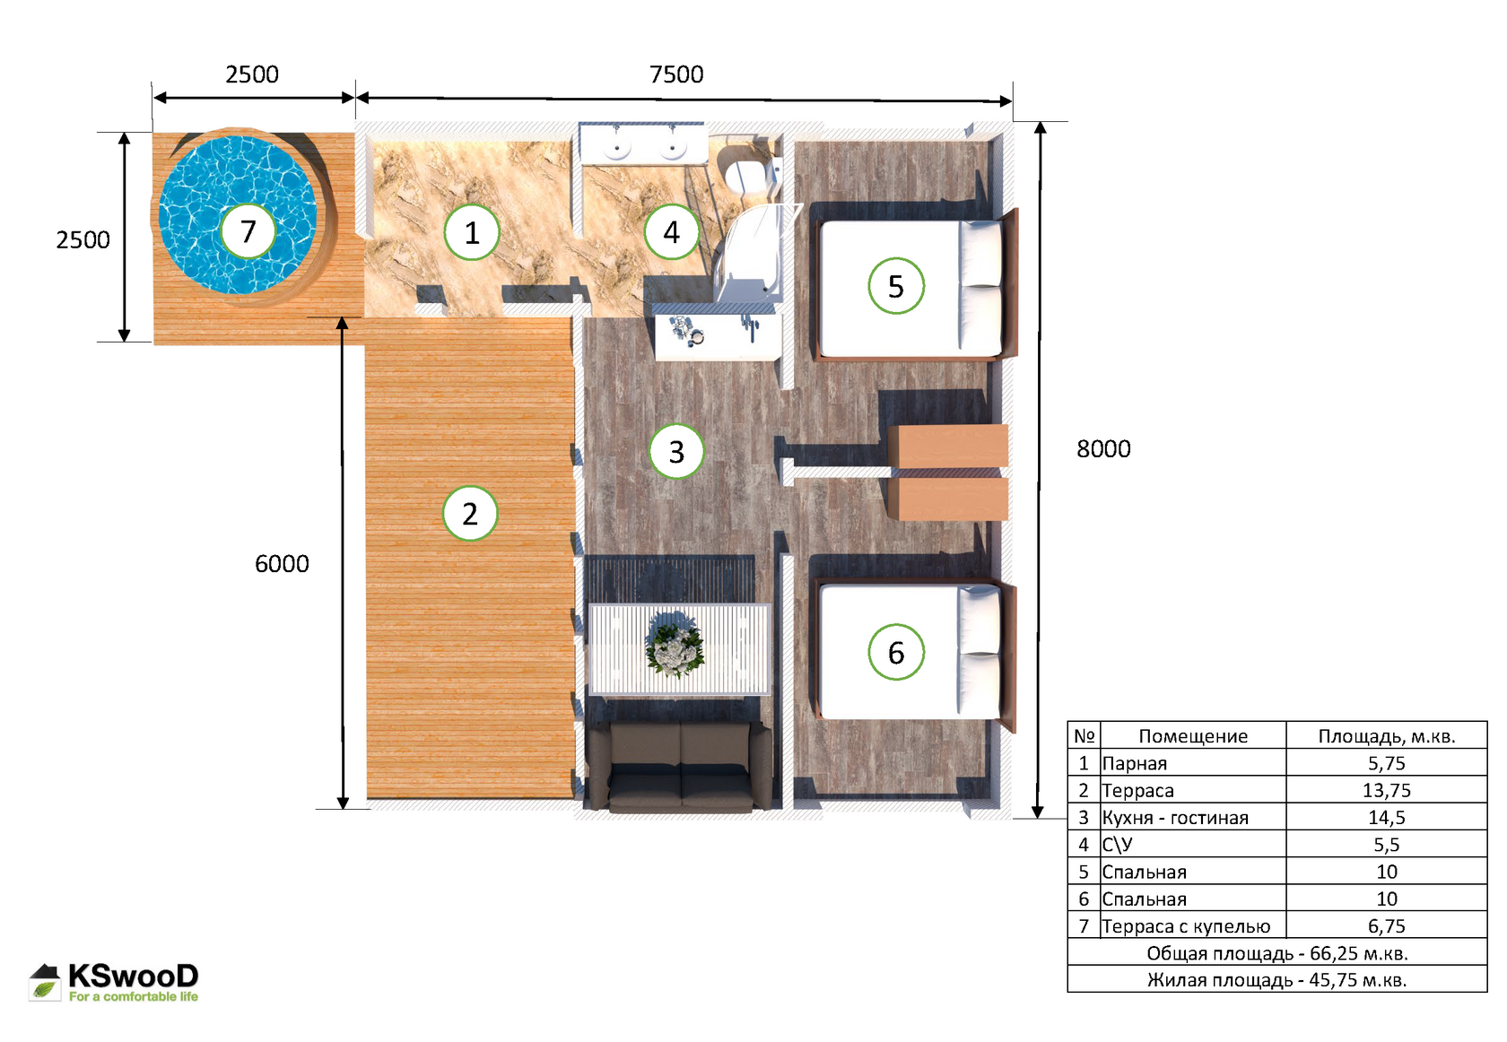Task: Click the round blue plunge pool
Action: (238, 215)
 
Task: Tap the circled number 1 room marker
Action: (472, 232)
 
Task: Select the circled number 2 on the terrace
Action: (470, 513)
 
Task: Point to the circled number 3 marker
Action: (676, 451)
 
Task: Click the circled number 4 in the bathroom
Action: (671, 232)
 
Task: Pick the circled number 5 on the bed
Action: (896, 286)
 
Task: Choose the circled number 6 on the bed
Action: (896, 652)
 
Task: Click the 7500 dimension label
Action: (676, 74)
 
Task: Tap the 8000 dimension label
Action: (1103, 448)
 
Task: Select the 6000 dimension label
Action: (282, 564)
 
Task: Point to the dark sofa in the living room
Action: (680, 766)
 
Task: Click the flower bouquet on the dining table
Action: (675, 649)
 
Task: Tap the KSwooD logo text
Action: (133, 976)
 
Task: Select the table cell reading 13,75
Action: (1387, 790)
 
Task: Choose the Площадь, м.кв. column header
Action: (1387, 736)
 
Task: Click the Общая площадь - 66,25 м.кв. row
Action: (1277, 953)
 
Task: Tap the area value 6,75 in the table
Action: (1387, 925)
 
